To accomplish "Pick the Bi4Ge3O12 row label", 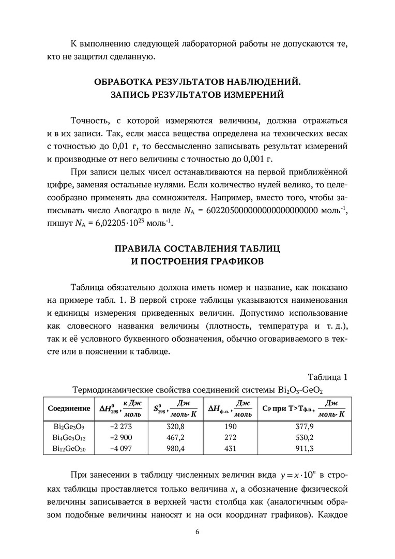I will pyautogui.click(x=69, y=437).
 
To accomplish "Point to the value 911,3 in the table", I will pyautogui.click(x=303, y=448).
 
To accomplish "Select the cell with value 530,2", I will pyautogui.click(x=303, y=437).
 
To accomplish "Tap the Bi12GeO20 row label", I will pyautogui.click(x=69, y=448).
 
